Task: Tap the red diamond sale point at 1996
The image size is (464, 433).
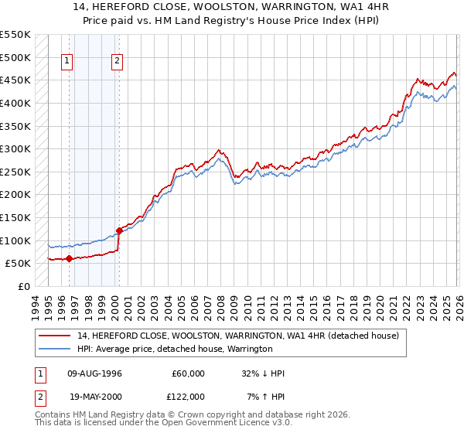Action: [x=69, y=259]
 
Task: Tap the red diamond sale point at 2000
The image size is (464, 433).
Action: [x=119, y=230]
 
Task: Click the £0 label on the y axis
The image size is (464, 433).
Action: [x=23, y=286]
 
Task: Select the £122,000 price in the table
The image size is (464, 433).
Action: [x=189, y=396]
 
